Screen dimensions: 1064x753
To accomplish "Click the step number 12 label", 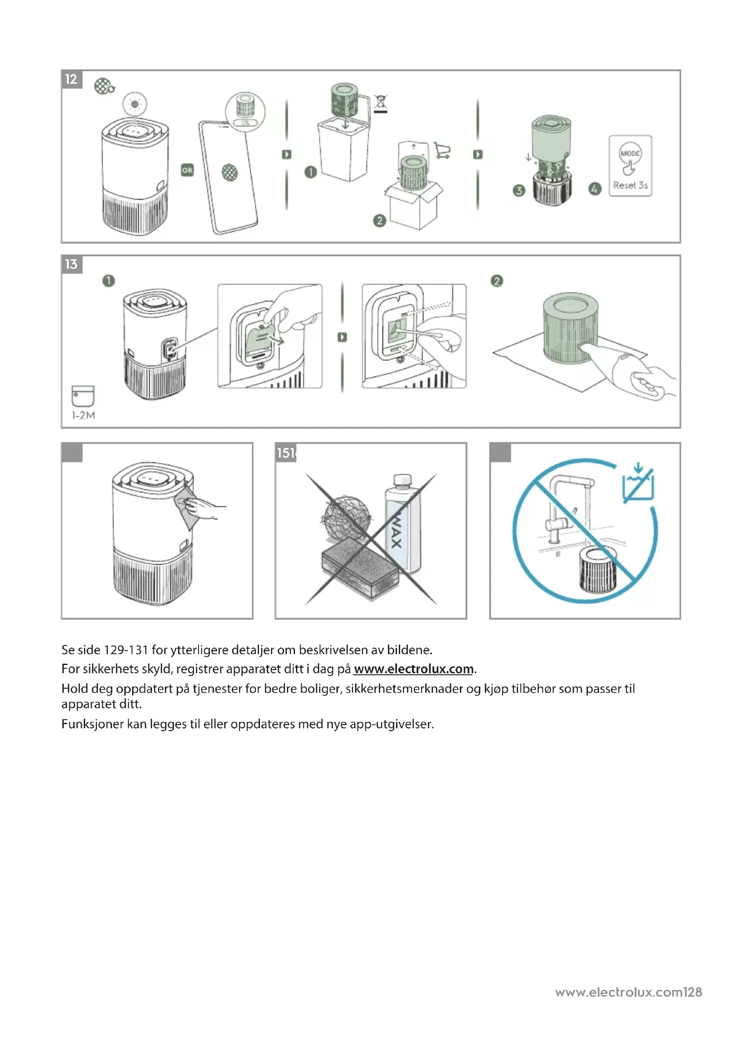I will coord(71,79).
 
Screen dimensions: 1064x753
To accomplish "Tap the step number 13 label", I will coord(71,264).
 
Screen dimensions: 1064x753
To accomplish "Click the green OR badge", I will coord(187,171).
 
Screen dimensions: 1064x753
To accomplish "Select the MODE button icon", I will coord(630,153).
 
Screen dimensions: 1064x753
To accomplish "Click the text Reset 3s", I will coord(630,185).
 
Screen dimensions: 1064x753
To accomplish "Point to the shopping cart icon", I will coord(443,151).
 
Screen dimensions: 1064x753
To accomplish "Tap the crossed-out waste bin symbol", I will coord(381,103).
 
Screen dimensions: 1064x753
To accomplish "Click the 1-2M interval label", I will coord(83,415).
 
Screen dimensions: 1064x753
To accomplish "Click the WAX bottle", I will coord(402,524).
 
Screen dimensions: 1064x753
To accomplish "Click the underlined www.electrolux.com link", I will coord(413,669).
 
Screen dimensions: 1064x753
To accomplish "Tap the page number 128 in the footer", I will coord(693,992).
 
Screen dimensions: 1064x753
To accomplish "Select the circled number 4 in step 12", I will coord(595,189).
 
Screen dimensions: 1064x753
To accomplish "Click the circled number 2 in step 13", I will coord(497,281).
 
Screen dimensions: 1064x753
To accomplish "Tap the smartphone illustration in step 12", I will coord(228,176).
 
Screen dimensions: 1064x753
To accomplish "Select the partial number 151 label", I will coord(286,453).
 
